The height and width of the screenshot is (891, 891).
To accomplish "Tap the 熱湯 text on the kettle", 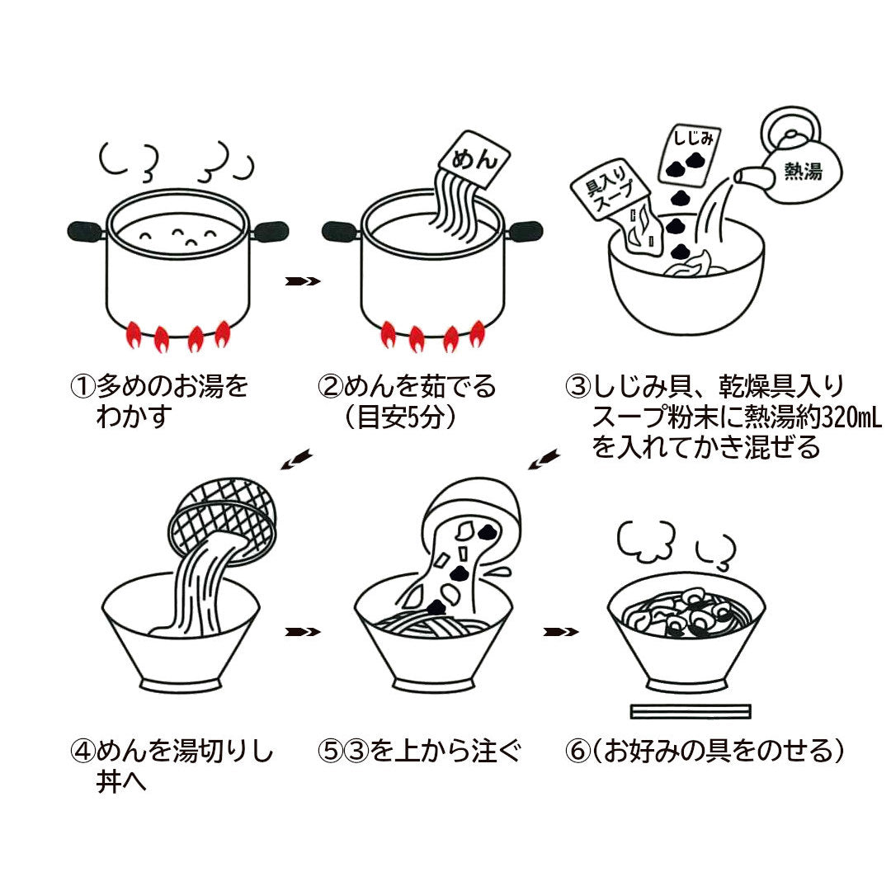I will point(803,171).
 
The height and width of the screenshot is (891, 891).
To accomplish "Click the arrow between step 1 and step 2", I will point(302,281).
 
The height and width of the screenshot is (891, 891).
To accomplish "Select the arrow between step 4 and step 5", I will point(302,632).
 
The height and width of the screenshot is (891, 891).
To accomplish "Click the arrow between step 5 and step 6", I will point(560,632).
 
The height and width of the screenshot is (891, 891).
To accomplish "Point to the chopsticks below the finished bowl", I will point(690,711).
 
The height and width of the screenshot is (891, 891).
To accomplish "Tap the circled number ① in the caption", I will point(83,387).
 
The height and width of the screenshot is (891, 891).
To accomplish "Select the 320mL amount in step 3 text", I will point(849,417).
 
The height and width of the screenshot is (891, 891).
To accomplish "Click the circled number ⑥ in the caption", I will point(578,752).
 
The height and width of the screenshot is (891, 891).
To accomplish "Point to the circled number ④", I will point(83,752).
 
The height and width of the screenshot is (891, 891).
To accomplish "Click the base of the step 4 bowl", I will point(180,685).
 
